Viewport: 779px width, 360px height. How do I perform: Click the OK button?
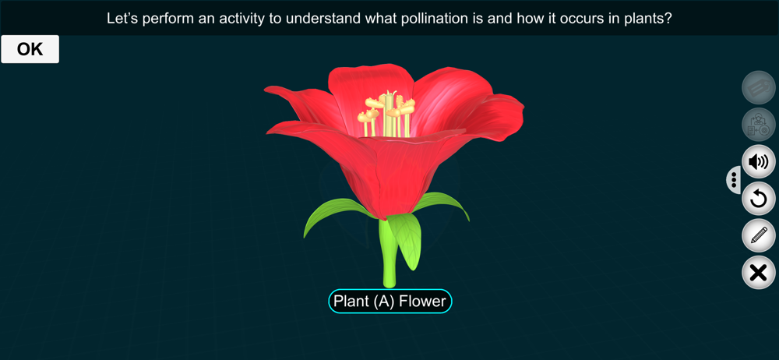click(x=30, y=49)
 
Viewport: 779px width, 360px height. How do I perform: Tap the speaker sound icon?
click(x=758, y=162)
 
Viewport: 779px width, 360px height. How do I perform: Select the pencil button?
click(x=758, y=235)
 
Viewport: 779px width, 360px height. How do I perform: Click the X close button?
click(x=758, y=273)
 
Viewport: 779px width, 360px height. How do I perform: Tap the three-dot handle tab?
click(x=734, y=179)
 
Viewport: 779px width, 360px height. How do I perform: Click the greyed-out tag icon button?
click(x=758, y=87)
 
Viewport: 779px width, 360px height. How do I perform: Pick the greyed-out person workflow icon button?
click(x=758, y=125)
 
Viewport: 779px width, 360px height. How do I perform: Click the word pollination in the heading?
click(x=430, y=19)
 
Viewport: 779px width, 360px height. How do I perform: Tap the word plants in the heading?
click(x=648, y=19)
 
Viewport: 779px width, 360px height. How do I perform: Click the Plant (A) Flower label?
click(x=390, y=302)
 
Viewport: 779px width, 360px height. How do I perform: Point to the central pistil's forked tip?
click(x=390, y=94)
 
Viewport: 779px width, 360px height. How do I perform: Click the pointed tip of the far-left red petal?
click(x=266, y=89)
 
